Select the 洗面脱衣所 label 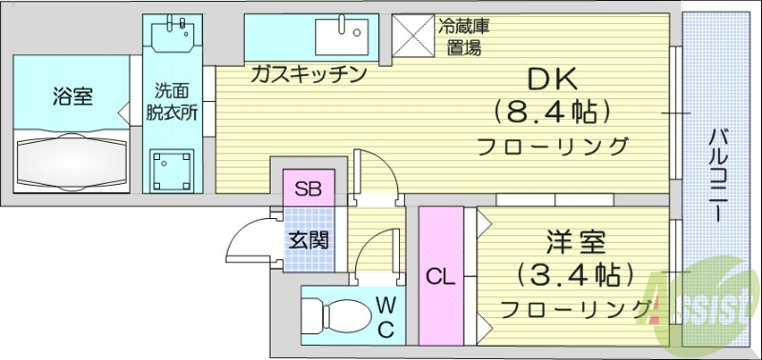171,101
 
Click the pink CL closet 439,276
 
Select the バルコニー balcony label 716,177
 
